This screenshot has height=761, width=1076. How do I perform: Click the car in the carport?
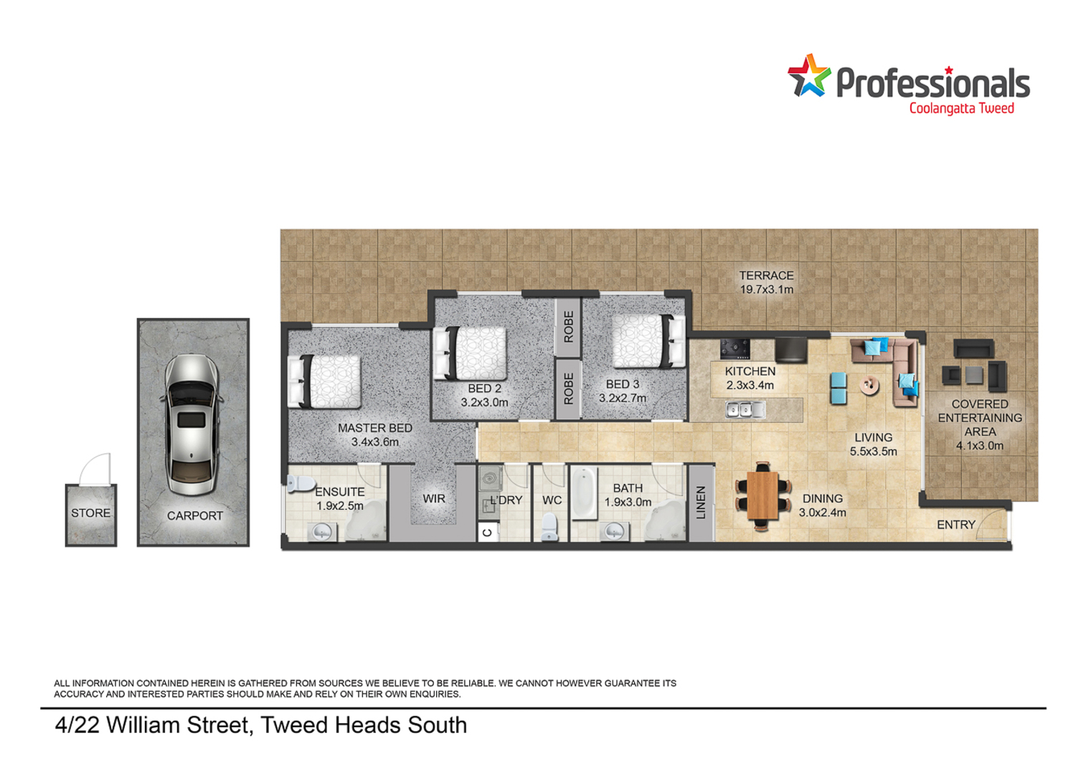pos(192,425)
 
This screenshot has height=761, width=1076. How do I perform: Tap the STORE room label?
pos(91,513)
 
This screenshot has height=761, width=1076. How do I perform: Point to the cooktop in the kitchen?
pos(735,348)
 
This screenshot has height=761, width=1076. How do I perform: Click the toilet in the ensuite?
pos(301,483)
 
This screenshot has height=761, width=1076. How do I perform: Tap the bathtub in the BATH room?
pos(584,492)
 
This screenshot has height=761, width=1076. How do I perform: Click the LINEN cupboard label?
pos(702,503)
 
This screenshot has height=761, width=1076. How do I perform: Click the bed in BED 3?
pos(649,341)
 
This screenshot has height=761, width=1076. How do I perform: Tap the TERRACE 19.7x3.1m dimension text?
pos(766,289)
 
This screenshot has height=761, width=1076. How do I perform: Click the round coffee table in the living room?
pos(869,385)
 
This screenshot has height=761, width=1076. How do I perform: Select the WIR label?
pos(434,498)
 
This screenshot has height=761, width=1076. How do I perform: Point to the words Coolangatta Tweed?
pos(962,108)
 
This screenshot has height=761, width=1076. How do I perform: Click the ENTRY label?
pos(956,525)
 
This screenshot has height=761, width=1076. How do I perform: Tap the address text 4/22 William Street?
pos(154,725)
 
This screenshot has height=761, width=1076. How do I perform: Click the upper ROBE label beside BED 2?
pos(568,327)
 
